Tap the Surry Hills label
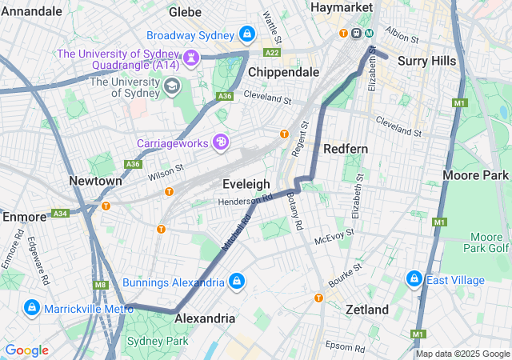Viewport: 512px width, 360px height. [x=427, y=61]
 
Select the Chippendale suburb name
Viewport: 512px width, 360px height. [x=283, y=72]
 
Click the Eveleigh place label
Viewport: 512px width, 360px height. [x=246, y=184]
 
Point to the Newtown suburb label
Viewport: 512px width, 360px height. [x=95, y=181]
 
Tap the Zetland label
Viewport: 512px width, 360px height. [x=366, y=310]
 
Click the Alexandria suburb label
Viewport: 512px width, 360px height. [x=205, y=318]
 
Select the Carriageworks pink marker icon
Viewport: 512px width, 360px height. [x=220, y=142]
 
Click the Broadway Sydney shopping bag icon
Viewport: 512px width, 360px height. [x=247, y=34]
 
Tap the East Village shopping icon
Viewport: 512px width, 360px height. [x=414, y=278]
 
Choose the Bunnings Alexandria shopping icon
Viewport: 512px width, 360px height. [x=237, y=282]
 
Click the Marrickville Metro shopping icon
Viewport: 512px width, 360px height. [x=32, y=308]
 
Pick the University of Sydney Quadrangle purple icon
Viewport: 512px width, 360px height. [x=191, y=58]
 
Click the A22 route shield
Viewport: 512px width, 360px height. [x=272, y=53]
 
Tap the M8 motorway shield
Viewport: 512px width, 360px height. [x=101, y=285]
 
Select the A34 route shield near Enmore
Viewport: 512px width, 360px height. [x=59, y=214]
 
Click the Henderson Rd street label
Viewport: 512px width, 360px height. [x=246, y=199]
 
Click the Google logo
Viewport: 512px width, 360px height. [x=26, y=350]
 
